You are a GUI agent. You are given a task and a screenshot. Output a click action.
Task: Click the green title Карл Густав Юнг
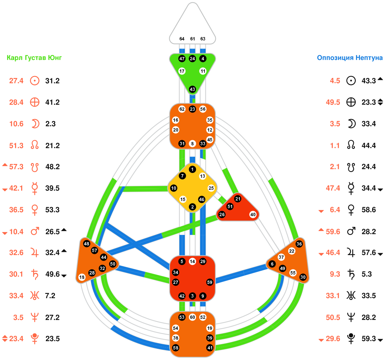(34, 58)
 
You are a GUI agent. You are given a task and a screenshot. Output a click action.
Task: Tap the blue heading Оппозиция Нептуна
(349, 58)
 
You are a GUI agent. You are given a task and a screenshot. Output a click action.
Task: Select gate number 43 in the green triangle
(192, 89)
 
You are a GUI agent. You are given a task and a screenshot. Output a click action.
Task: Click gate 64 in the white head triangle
(182, 39)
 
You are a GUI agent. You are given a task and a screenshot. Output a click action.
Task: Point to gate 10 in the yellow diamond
(174, 188)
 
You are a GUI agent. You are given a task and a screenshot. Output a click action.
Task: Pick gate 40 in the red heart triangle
(253, 215)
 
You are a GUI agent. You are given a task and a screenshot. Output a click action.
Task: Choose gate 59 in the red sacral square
(210, 282)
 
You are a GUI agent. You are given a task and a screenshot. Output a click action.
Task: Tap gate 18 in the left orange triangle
(82, 277)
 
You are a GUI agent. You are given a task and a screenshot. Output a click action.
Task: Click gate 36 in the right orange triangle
(299, 244)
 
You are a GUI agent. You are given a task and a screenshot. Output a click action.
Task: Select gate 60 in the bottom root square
(192, 317)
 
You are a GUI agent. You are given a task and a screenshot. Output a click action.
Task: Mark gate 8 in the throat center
(192, 144)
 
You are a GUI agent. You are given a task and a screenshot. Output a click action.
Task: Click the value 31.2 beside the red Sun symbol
(52, 81)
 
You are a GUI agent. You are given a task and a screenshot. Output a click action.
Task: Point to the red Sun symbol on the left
(35, 81)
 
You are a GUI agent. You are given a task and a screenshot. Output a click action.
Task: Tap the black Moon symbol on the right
(351, 124)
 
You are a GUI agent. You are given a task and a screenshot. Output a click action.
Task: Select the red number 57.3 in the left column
(16, 167)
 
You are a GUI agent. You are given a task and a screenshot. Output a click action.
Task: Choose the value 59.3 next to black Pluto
(369, 339)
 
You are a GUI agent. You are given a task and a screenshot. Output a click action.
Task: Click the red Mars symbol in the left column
(35, 231)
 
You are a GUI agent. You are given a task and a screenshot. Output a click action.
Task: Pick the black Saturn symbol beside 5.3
(351, 274)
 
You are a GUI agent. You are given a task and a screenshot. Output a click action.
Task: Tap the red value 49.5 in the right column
(333, 102)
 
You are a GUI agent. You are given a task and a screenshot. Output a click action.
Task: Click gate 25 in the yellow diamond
(211, 188)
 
